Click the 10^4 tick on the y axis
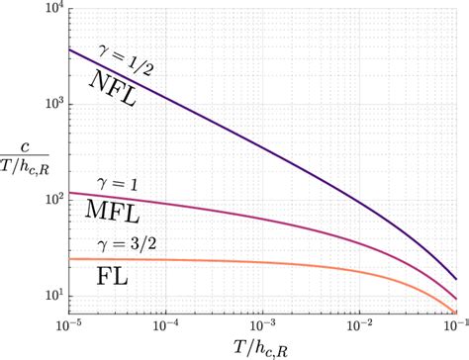(x=48, y=10)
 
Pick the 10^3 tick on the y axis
(x=48, y=104)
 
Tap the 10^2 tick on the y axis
(x=48, y=200)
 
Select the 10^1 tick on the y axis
(x=48, y=296)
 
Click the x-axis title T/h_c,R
(x=262, y=347)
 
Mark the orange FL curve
(x=297, y=263)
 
